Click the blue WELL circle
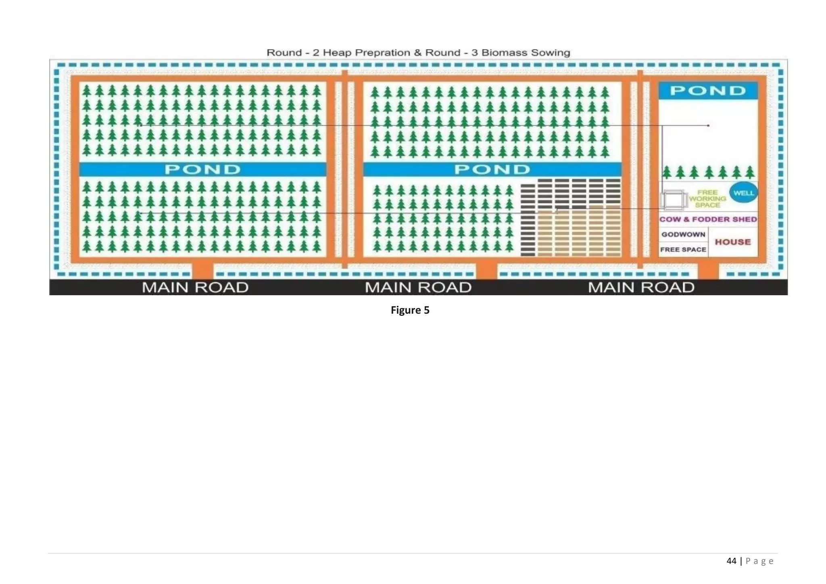click(743, 193)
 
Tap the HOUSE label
click(733, 242)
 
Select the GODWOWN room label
click(683, 234)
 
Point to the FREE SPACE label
click(683, 250)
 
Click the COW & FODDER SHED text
click(708, 219)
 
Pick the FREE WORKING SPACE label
click(707, 198)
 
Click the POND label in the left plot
click(202, 169)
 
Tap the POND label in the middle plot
click(492, 169)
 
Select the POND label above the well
click(708, 91)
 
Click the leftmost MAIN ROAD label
click(195, 288)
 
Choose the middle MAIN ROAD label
click(418, 288)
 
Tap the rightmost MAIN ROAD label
click(641, 288)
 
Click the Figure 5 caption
click(410, 310)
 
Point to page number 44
click(731, 561)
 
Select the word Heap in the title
click(337, 53)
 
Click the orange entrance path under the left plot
click(202, 271)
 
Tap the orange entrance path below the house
click(708, 271)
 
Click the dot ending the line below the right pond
click(708, 125)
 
